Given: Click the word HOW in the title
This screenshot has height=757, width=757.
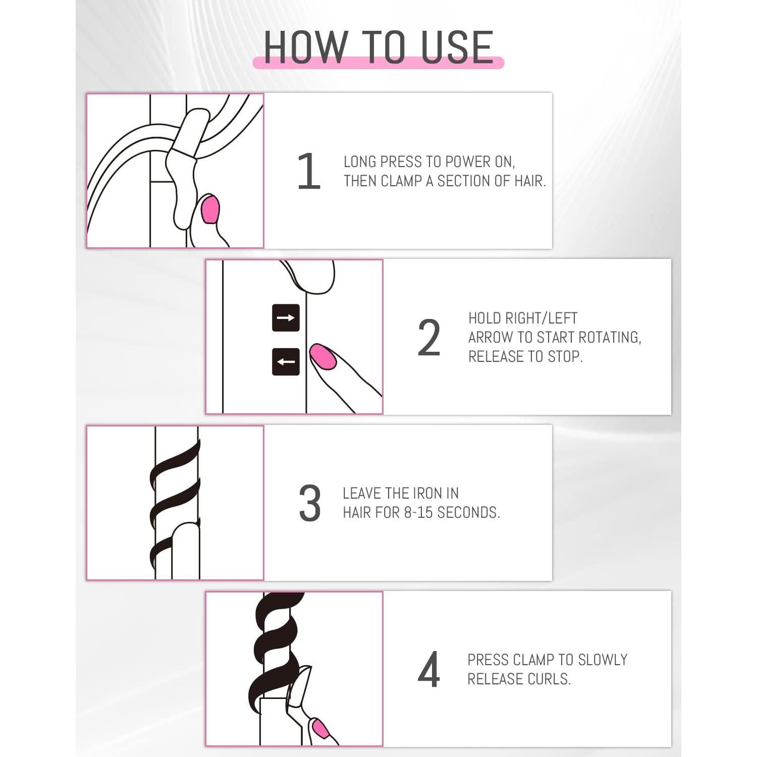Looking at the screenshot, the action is pos(306,47).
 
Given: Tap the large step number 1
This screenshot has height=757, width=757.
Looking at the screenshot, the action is pos(309,171).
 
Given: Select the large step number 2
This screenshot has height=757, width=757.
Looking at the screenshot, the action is pos(429,337).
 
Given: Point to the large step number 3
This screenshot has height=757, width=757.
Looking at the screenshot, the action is pos(309,503).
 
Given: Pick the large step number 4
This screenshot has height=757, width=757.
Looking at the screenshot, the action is pos(429,669).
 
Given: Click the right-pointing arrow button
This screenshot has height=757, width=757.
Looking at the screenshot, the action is pos(286,318).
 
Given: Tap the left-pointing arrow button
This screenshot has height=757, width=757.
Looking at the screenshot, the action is pos(286,361).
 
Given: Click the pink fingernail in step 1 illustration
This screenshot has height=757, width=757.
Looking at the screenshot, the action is pos(210,210).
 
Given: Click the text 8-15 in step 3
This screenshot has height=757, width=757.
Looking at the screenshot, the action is pos(418,513).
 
